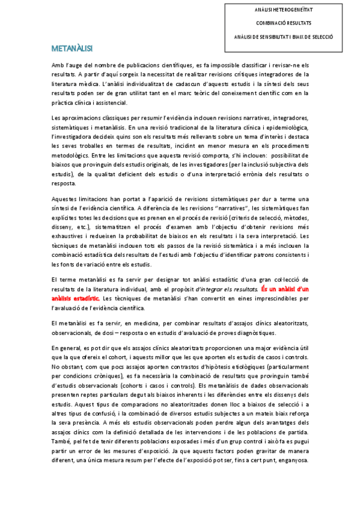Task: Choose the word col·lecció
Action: pyautogui.click(x=284, y=263)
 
